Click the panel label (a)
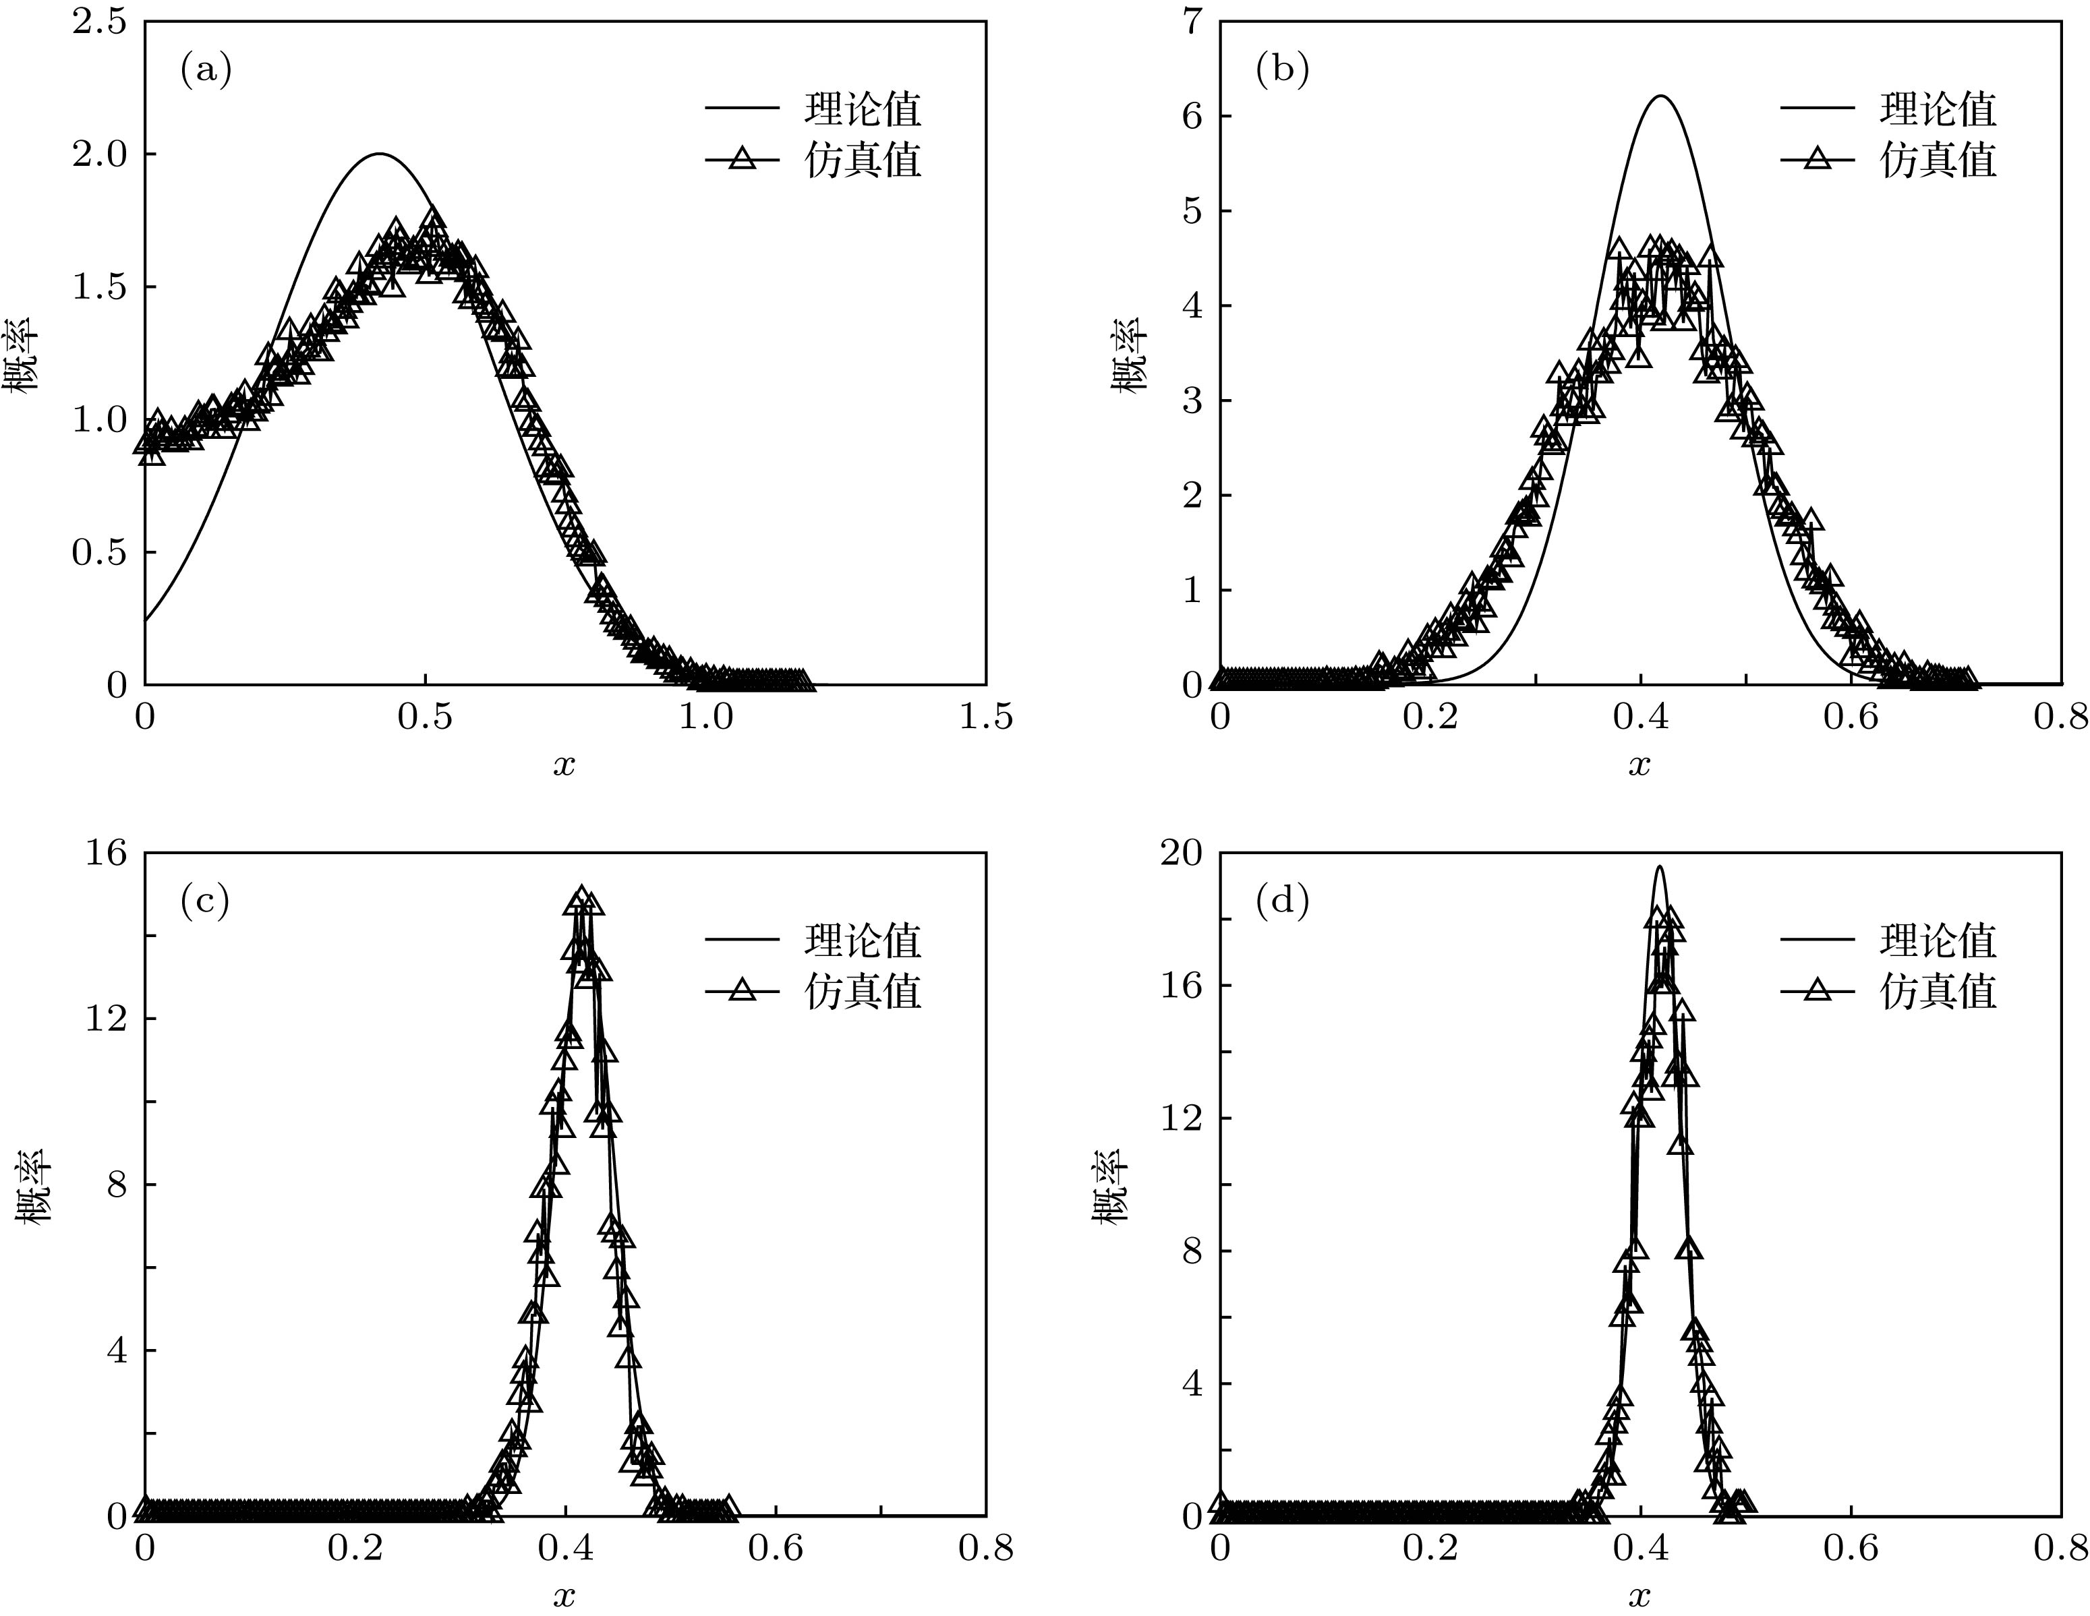[206, 70]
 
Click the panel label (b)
[1281, 70]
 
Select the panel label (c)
[205, 901]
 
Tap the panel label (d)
[1281, 901]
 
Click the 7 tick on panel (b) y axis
[1192, 22]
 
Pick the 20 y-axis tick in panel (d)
[1181, 852]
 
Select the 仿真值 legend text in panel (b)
[1938, 160]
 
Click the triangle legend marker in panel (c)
[743, 991]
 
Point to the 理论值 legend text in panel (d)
[1938, 940]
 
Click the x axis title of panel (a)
[564, 765]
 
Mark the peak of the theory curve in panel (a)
[380, 154]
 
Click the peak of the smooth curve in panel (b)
[1661, 96]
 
